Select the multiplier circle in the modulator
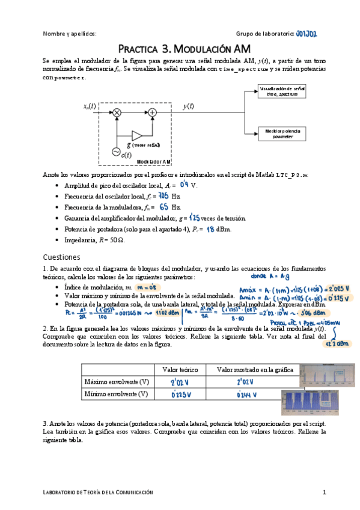117,112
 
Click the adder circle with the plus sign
153,112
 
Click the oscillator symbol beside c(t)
115,152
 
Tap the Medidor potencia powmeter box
282,133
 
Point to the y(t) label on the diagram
188,106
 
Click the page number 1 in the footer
324,493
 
